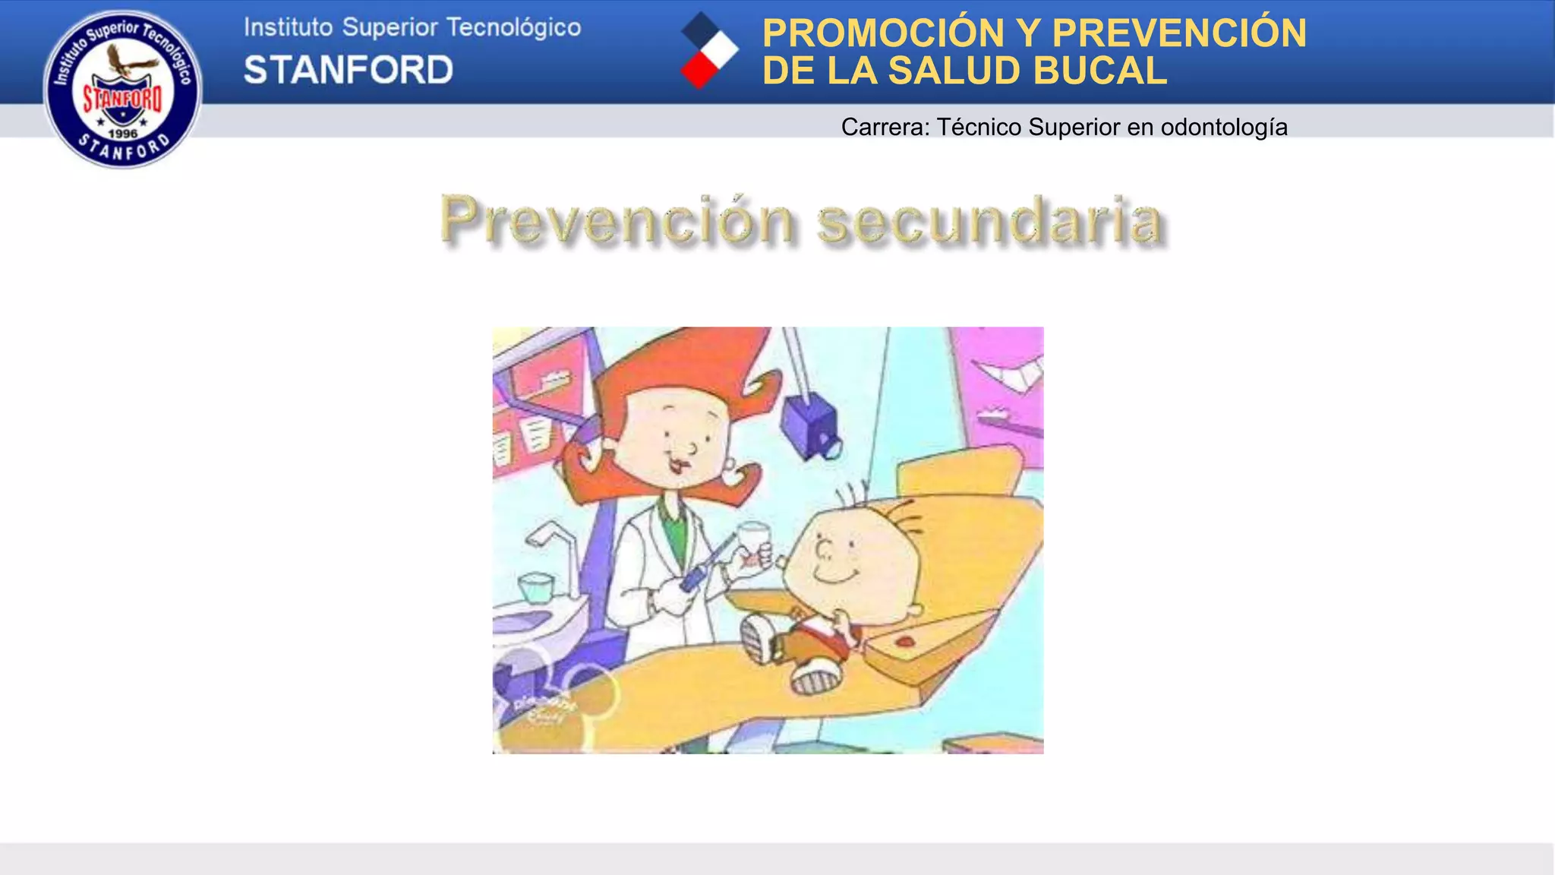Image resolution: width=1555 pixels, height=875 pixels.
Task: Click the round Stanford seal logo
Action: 123,89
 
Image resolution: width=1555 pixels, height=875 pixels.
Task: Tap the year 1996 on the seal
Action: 123,134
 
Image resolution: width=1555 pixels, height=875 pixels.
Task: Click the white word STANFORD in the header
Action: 348,70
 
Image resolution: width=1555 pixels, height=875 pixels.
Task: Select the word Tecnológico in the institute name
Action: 513,27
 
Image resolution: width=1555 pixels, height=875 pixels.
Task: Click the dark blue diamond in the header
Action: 699,30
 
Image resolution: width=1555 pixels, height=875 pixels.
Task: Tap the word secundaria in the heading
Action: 990,220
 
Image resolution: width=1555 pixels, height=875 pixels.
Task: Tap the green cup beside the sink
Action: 535,587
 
